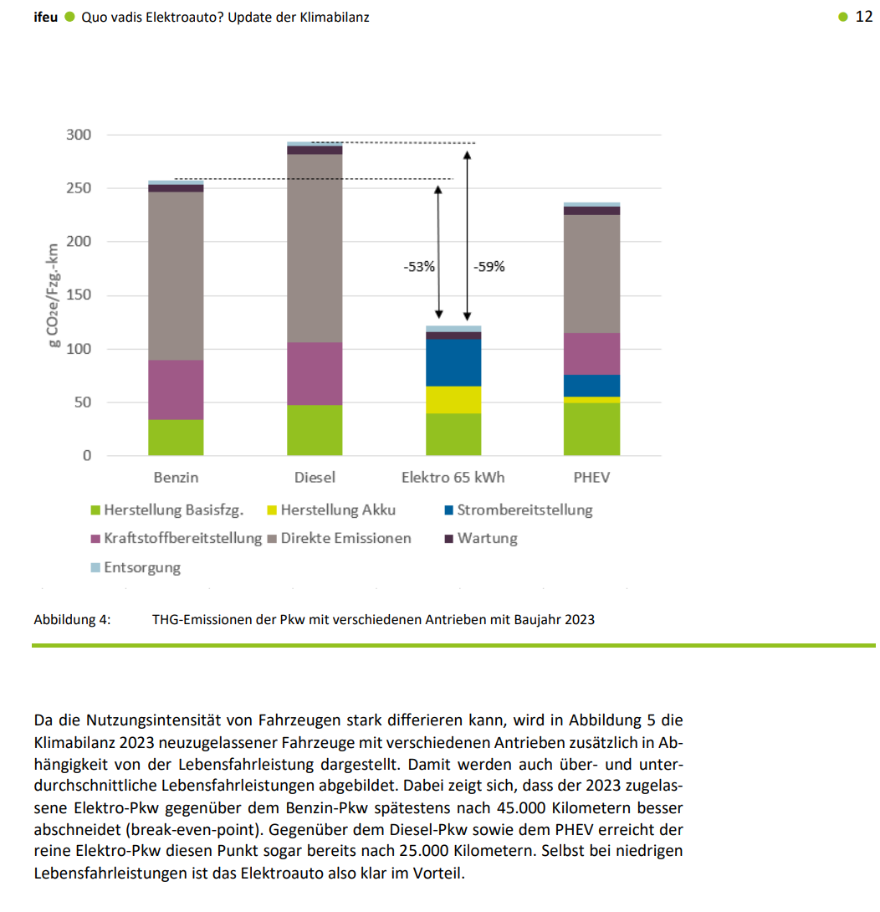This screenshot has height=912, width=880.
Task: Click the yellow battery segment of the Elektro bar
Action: pyautogui.click(x=453, y=400)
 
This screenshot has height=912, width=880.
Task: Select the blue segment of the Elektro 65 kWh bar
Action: pyautogui.click(x=453, y=362)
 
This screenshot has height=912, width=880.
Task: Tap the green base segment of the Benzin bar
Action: pyautogui.click(x=176, y=438)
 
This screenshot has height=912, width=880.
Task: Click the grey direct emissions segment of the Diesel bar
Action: pyautogui.click(x=315, y=248)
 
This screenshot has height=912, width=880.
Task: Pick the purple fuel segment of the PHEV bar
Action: pyautogui.click(x=591, y=353)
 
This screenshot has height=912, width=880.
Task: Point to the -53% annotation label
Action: pyautogui.click(x=419, y=268)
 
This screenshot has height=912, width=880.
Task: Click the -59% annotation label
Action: pyautogui.click(x=489, y=268)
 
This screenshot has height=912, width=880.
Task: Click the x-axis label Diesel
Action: pyautogui.click(x=315, y=478)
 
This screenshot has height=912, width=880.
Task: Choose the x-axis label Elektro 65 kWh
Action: pyautogui.click(x=453, y=478)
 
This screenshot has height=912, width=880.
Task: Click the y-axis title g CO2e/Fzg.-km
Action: pyautogui.click(x=53, y=295)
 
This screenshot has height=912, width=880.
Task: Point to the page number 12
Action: pyautogui.click(x=864, y=17)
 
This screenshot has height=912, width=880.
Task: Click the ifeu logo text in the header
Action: pyautogui.click(x=45, y=17)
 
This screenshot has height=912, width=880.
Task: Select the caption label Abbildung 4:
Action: pyautogui.click(x=72, y=620)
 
